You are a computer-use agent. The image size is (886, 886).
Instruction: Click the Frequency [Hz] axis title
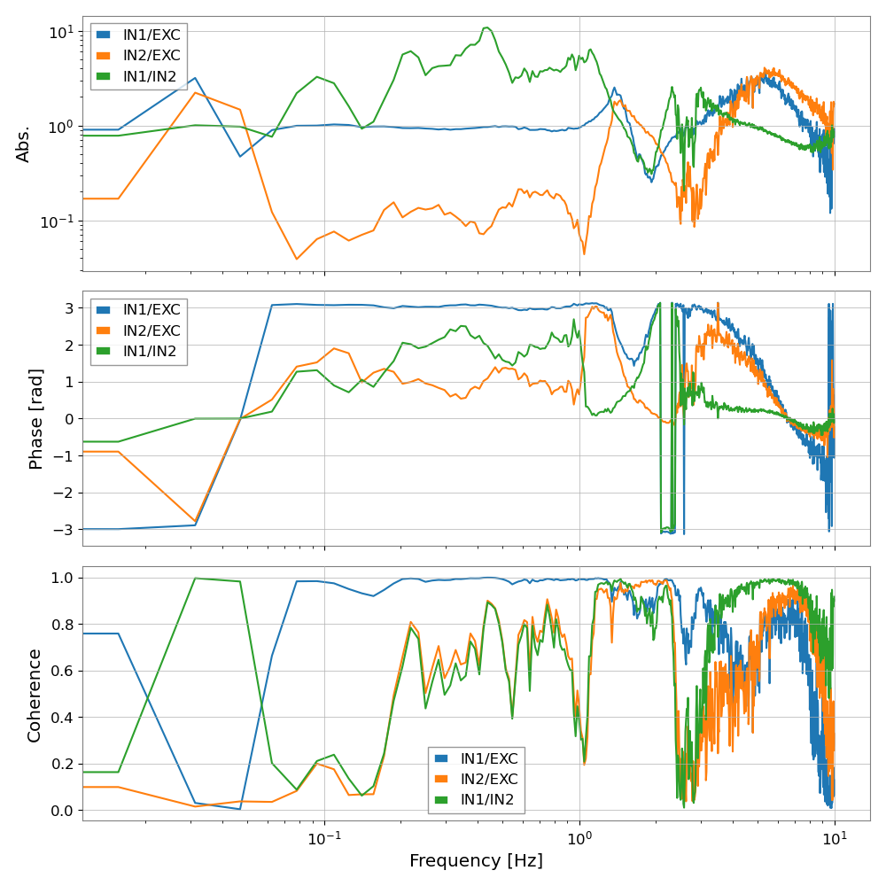tap(476, 860)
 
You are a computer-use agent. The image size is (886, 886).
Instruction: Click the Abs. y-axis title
tap(24, 144)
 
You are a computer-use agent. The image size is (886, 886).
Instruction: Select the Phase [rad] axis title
tap(36, 418)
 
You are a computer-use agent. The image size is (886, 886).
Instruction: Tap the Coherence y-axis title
tap(35, 695)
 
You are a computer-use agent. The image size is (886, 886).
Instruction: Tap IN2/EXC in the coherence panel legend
tap(489, 780)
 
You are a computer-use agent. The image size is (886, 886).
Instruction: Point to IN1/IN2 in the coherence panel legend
tap(489, 799)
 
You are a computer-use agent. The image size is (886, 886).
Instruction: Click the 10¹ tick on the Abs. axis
tap(61, 32)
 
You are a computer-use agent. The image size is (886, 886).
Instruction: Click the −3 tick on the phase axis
tap(65, 530)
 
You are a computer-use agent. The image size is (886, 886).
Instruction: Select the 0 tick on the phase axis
tap(70, 418)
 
